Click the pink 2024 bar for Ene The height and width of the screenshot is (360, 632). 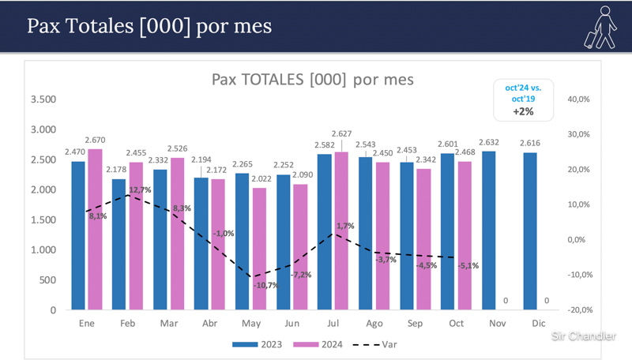95,229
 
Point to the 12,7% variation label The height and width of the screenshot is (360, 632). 139,190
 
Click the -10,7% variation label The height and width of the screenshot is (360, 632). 265,285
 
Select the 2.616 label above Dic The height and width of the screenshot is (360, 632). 531,144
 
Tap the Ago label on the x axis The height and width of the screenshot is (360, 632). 374,324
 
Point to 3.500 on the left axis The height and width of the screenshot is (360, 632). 43,99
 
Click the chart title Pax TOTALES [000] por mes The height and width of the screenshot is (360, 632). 313,80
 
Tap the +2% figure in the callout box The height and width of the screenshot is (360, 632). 523,111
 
